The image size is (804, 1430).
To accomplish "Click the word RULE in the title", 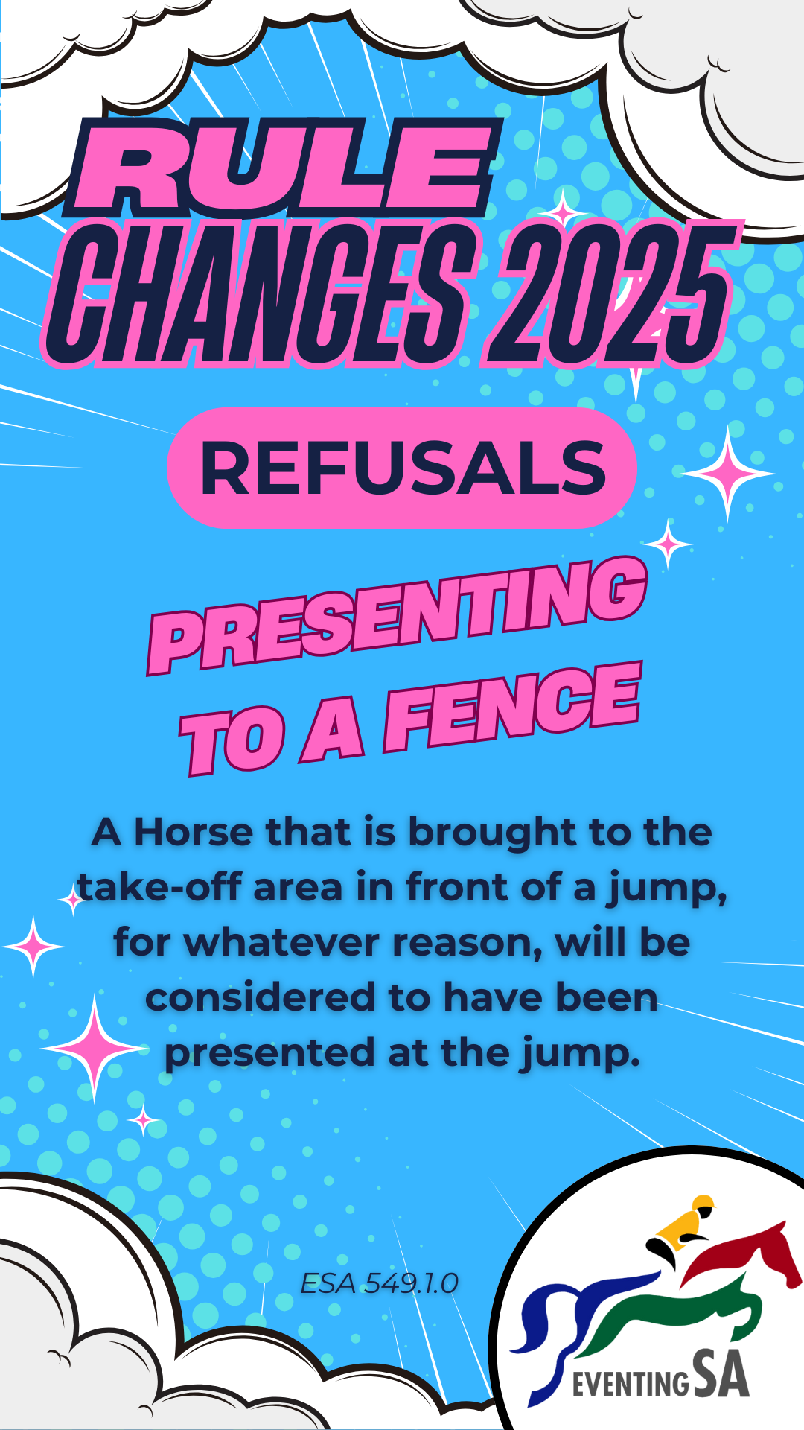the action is coord(283,168).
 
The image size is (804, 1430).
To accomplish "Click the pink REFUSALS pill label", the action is coord(402,468).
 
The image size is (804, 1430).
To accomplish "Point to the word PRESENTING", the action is coord(398,614).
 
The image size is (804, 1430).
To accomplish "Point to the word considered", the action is coord(261,997).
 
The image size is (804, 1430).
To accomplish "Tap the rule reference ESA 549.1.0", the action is coord(379,1283).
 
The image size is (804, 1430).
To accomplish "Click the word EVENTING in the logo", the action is coord(631,1384).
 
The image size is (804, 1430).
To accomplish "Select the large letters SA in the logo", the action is coord(721,1374).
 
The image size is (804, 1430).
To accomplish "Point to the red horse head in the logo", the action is coord(774,1251).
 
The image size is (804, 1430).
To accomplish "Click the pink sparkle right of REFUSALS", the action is coord(728,472).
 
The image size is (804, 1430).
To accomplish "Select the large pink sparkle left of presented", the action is coord(95,1048).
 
